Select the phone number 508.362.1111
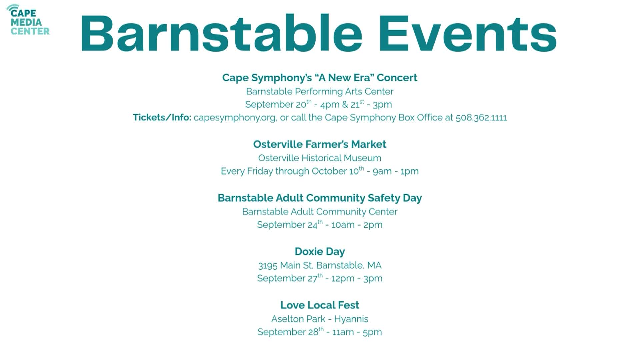pos(481,118)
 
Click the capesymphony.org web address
pos(235,118)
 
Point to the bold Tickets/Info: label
pos(162,118)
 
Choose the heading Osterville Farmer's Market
pos(320,144)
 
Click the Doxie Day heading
pos(320,252)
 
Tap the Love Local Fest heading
pos(320,305)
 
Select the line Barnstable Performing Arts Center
pos(320,91)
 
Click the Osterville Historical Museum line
pos(320,158)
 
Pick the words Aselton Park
pos(298,319)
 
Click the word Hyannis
pos(351,319)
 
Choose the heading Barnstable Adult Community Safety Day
pos(320,198)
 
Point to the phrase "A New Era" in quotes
pos(344,78)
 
